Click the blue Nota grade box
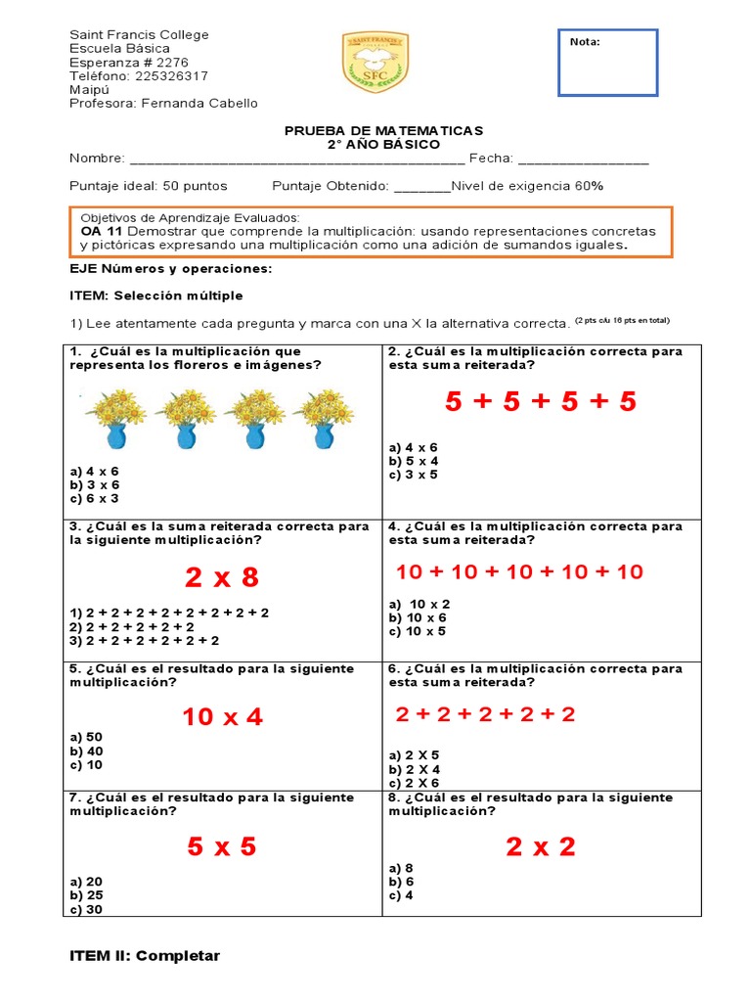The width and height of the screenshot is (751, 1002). coord(607,64)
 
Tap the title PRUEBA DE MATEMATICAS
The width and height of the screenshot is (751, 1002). coord(383,130)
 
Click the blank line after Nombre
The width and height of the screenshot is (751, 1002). coord(297,159)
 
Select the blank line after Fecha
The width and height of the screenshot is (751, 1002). coord(583,159)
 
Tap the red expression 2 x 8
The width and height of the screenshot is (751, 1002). coord(222,577)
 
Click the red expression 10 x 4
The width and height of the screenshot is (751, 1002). coord(222,717)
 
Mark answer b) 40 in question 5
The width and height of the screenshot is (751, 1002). coord(86,751)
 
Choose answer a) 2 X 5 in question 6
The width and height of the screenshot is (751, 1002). coord(414,755)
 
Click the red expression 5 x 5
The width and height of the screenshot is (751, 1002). coord(222,846)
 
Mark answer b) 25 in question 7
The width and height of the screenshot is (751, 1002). coord(86,894)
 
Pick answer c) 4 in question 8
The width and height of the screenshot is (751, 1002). coord(401,895)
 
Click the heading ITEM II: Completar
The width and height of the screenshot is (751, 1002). coord(145,956)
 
